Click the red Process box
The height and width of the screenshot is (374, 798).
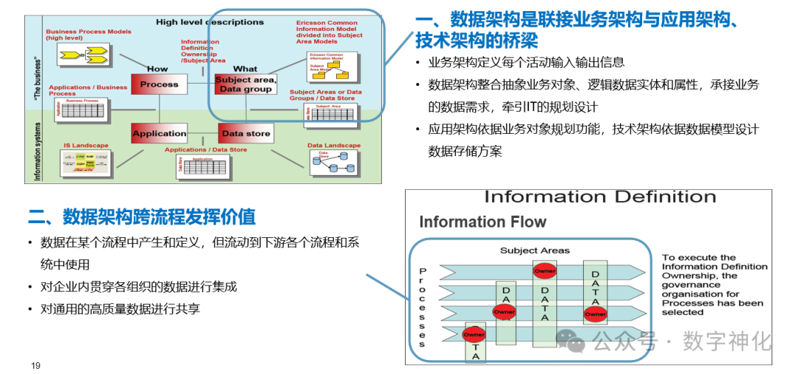tap(159, 84)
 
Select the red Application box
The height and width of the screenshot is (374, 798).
tap(159, 134)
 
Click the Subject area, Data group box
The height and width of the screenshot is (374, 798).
tap(245, 84)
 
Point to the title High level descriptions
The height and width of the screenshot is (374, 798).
tap(209, 22)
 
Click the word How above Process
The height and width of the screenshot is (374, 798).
tap(157, 69)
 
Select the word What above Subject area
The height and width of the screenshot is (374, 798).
tap(245, 69)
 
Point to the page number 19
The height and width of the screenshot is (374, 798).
tap(35, 365)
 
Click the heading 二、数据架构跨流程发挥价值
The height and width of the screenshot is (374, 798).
tap(141, 217)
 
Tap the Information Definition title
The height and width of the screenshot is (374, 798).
tap(599, 197)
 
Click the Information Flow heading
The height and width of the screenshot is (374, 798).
tap(482, 222)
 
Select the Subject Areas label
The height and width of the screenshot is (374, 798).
tap(534, 251)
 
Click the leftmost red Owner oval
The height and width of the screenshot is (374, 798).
tap(474, 335)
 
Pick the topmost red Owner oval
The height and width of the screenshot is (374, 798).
tap(545, 271)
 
